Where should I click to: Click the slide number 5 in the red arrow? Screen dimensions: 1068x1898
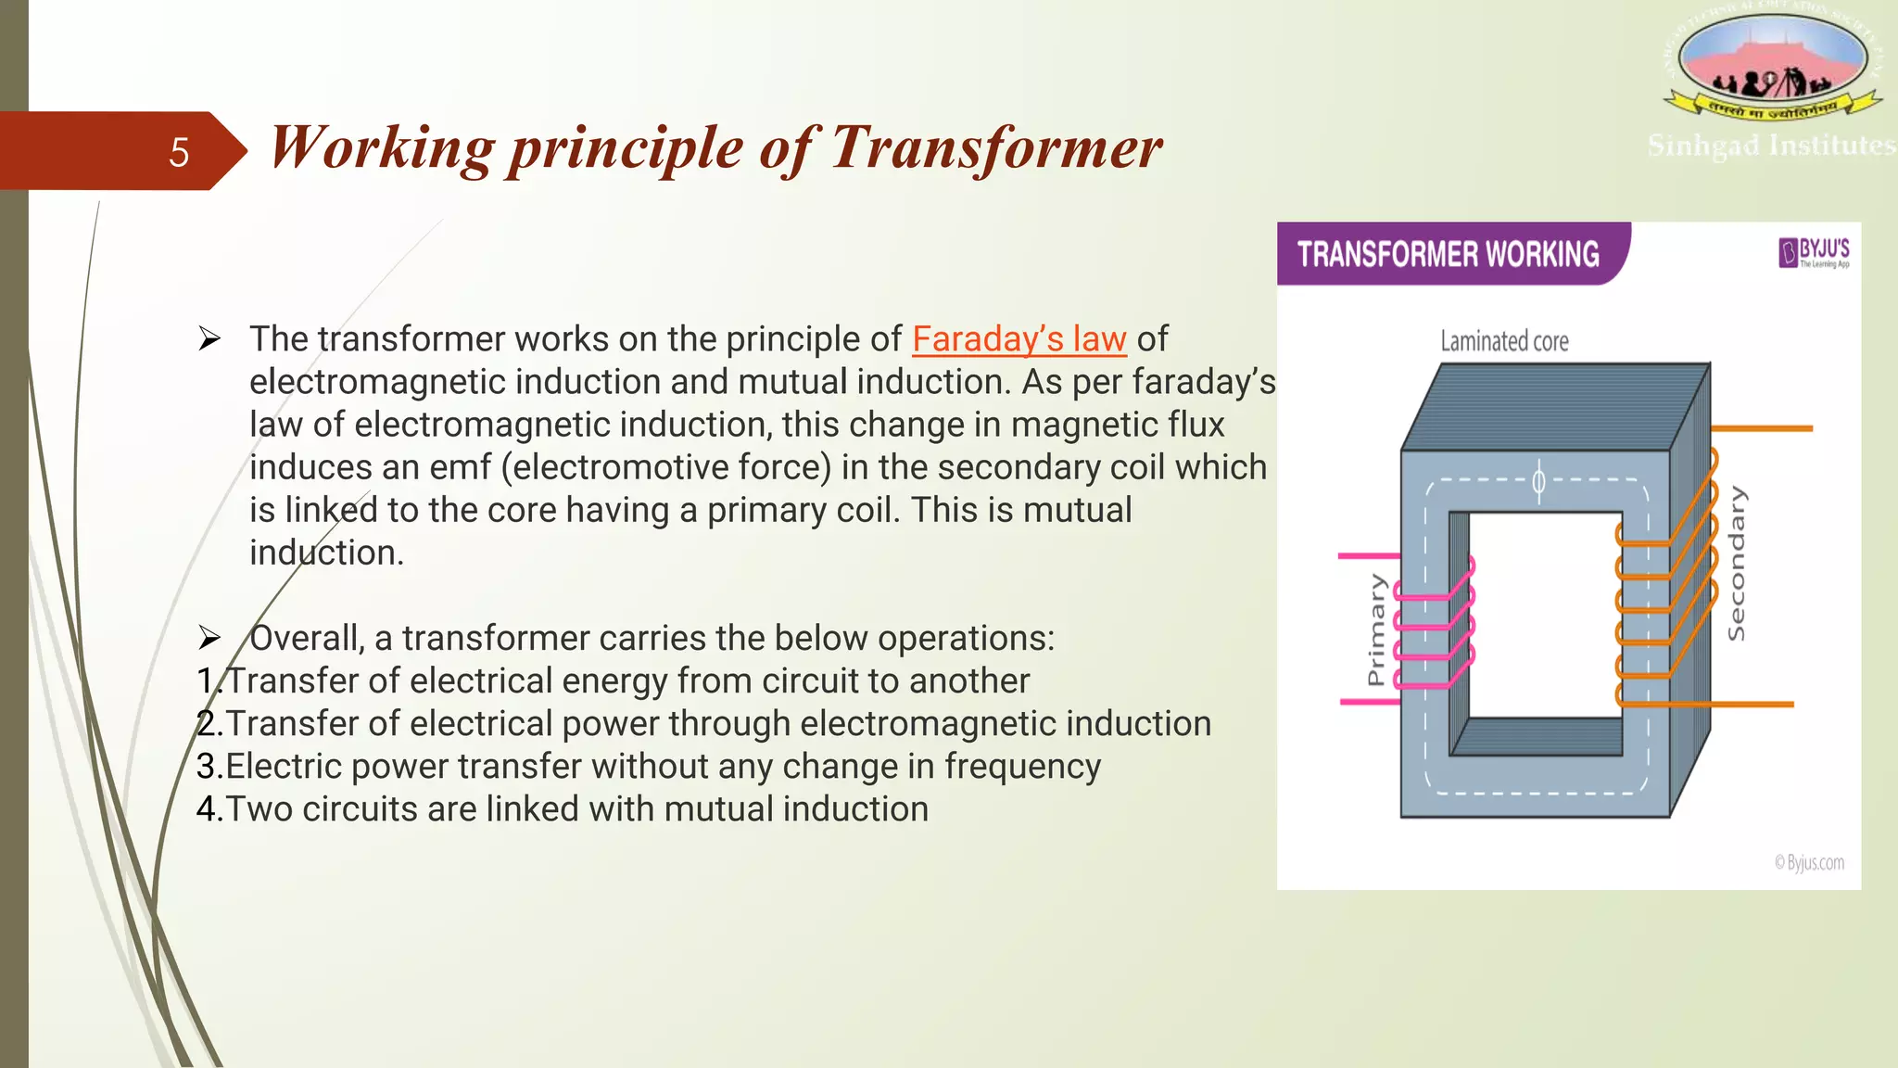point(179,153)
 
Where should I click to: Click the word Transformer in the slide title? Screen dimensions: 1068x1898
point(995,148)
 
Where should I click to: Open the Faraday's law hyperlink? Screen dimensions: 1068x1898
point(1019,339)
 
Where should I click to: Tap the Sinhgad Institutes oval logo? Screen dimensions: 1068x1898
point(1772,59)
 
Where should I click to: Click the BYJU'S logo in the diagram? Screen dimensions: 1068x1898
point(1814,251)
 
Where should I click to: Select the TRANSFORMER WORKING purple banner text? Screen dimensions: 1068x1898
point(1448,254)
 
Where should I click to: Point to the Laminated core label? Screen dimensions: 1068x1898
point(1504,341)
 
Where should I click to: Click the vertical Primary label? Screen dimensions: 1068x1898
point(1376,629)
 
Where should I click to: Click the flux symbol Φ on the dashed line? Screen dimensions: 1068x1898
point(1538,481)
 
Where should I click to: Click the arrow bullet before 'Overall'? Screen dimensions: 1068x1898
point(209,638)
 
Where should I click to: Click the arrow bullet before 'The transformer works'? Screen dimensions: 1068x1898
point(209,339)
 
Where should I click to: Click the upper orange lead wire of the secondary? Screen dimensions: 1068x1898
point(1761,428)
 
